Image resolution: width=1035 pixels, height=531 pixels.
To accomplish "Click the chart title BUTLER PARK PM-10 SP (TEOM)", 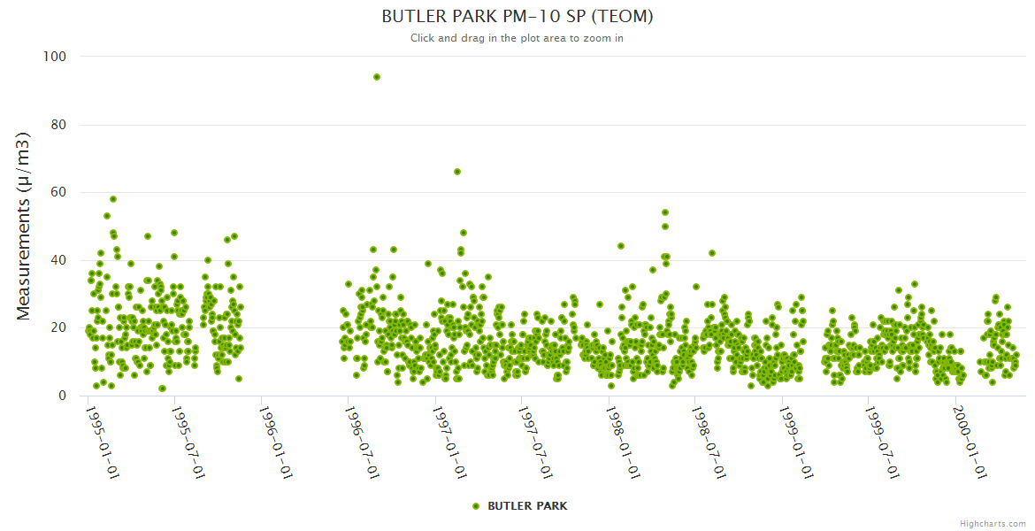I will [517, 17].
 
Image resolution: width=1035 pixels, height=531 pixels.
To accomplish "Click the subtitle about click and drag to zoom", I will [517, 38].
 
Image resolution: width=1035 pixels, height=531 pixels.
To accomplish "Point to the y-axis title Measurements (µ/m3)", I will [24, 226].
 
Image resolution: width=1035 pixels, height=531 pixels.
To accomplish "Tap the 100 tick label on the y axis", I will [55, 57].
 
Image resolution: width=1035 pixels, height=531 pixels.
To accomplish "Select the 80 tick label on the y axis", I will [58, 125].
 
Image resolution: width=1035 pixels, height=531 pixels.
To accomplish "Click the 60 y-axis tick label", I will [58, 193].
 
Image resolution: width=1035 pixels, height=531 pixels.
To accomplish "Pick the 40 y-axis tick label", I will [58, 260].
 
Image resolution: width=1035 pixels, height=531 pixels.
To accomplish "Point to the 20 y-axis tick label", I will [58, 328].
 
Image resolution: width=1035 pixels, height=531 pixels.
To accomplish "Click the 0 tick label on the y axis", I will [62, 396].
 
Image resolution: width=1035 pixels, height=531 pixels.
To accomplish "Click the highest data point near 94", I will [377, 77].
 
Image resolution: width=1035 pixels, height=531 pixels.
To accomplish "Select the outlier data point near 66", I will [457, 172].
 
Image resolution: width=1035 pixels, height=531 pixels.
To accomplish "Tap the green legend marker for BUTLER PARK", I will [476, 506].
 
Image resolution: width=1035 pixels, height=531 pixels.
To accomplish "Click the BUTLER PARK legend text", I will [527, 506].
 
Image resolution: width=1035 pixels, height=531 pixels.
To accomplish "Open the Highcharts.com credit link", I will [993, 524].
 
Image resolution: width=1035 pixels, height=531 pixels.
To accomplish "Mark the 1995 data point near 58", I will [113, 199].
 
